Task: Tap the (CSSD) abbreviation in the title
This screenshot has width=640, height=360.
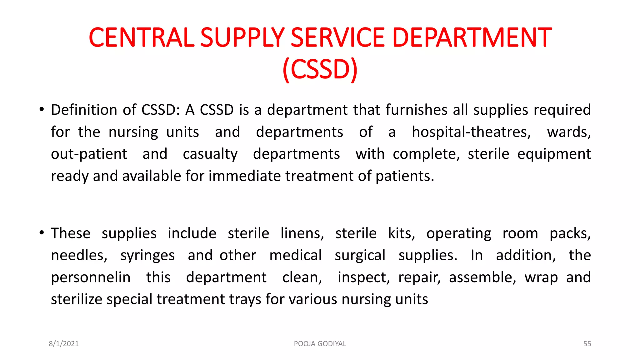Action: (x=320, y=69)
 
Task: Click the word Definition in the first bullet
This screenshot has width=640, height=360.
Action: (x=84, y=110)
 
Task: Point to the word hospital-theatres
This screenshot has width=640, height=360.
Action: (x=471, y=132)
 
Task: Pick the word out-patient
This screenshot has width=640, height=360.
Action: (x=89, y=154)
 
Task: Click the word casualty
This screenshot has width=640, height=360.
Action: (x=210, y=154)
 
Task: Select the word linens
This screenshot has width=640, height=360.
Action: (x=302, y=233)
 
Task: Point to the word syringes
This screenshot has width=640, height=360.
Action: (x=147, y=256)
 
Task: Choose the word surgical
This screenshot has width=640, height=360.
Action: (x=360, y=256)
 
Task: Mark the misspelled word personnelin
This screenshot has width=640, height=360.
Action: (x=91, y=277)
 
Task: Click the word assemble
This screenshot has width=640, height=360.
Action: (x=482, y=277)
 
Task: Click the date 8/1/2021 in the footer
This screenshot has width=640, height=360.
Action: (x=64, y=344)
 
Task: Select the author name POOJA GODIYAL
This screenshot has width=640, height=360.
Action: (x=320, y=344)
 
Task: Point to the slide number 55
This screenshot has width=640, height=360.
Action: (x=587, y=344)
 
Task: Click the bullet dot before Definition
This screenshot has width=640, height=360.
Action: (x=41, y=110)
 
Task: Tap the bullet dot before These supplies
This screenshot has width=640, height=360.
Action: (x=41, y=233)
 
